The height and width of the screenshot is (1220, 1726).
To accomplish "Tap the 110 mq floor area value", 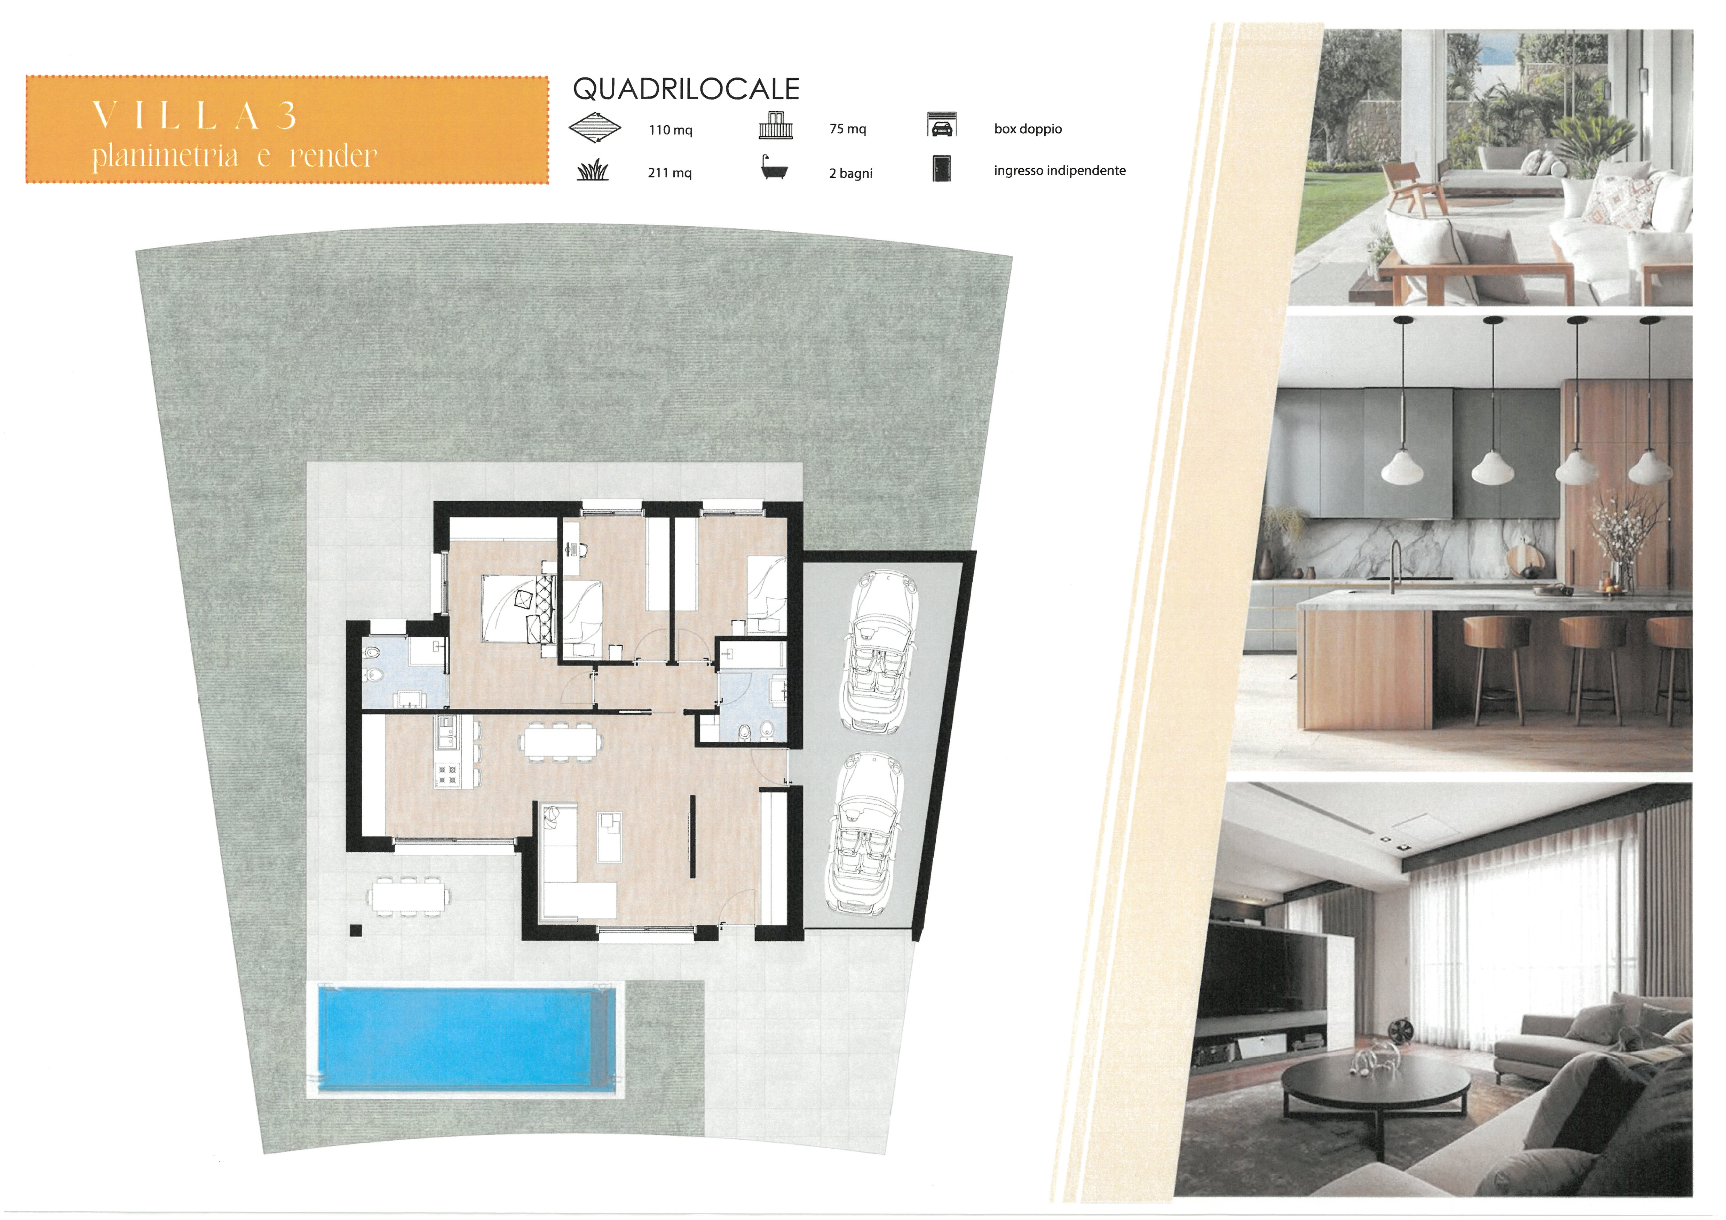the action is coord(671,130).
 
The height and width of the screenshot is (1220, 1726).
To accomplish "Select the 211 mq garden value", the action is coord(670,173).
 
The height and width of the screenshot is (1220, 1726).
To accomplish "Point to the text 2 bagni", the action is coord(851,174).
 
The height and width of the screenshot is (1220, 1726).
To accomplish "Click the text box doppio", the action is coord(1028,129).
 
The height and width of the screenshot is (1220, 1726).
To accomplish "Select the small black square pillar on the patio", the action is coord(356,931).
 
